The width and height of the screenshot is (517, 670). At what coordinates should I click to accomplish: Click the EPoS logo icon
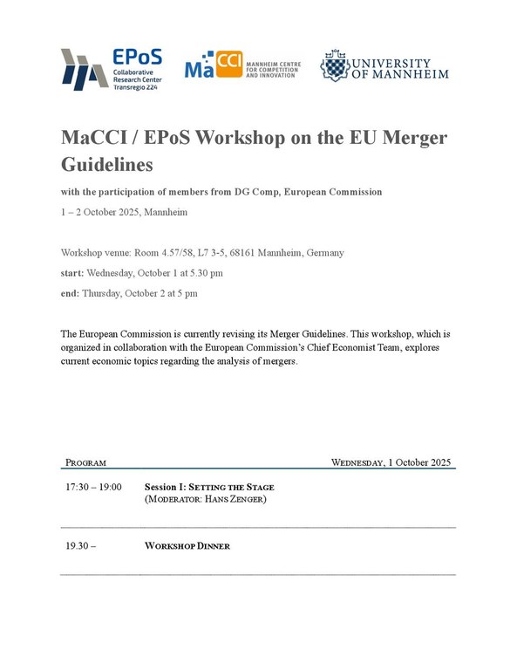(x=85, y=67)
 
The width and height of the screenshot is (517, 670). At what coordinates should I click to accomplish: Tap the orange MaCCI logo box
(x=228, y=65)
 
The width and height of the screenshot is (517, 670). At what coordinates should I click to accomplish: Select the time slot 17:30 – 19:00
(x=93, y=486)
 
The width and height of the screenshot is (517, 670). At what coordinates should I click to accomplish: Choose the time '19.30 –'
(x=80, y=546)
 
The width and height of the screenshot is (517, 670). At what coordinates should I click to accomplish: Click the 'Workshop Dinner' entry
(x=187, y=546)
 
